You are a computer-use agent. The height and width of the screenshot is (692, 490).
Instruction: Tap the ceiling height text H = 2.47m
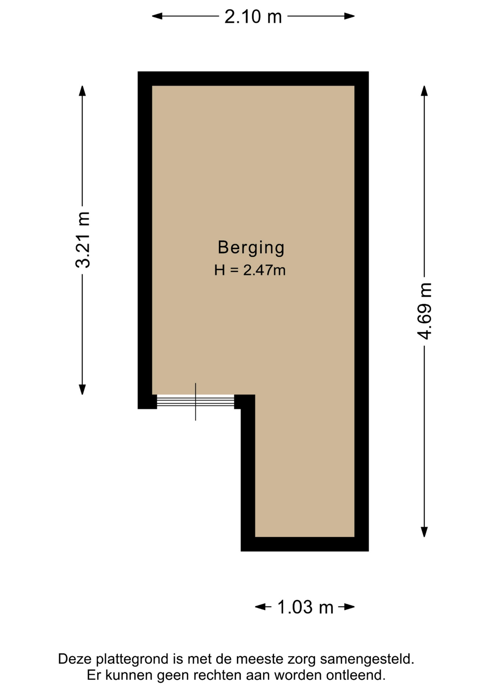tap(250, 270)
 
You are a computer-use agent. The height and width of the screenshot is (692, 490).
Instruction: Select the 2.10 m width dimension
tap(253, 17)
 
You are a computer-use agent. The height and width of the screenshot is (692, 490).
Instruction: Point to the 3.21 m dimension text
tap(83, 240)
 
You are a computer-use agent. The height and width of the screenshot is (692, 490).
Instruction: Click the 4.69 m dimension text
tap(424, 311)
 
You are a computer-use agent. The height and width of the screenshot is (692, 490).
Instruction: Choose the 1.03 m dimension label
tap(305, 607)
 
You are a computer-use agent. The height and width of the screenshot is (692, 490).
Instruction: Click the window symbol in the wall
tap(196, 402)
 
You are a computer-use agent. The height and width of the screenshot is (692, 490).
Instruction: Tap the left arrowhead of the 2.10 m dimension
tap(157, 16)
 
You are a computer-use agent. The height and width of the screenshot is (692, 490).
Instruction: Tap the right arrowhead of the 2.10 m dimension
tap(349, 16)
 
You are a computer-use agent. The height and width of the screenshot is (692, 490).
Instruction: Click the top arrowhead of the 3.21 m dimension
tap(82, 91)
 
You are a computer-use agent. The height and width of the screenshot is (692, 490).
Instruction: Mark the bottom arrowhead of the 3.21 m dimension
tap(82, 390)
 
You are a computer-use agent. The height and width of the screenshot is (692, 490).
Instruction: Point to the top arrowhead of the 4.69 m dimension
tap(424, 91)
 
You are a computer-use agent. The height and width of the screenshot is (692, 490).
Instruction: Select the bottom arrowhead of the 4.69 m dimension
tap(424, 532)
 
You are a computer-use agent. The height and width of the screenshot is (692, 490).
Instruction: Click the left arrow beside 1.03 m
tap(263, 607)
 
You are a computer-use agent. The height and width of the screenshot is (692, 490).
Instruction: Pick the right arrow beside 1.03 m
tap(346, 607)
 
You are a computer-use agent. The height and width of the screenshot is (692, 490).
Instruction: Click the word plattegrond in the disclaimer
tap(132, 659)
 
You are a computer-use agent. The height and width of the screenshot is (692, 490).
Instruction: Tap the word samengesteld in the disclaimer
tap(367, 659)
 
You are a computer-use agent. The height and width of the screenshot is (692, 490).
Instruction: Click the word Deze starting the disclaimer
tap(75, 659)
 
